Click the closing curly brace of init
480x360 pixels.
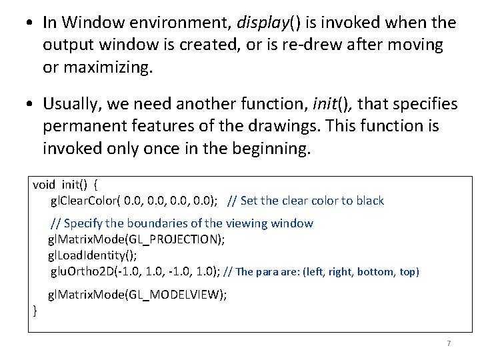(x=35, y=311)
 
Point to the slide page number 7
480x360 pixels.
(x=449, y=343)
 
